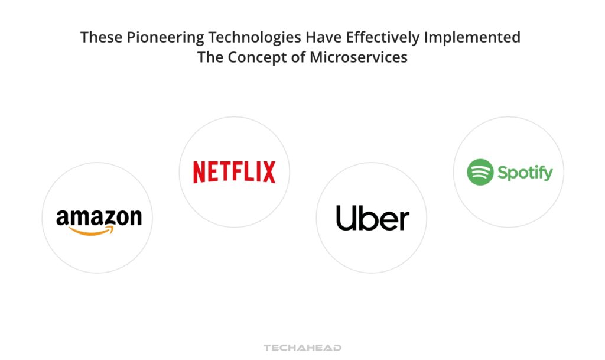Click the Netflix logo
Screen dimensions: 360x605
pyautogui.click(x=234, y=172)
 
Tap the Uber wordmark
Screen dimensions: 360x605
pyautogui.click(x=372, y=218)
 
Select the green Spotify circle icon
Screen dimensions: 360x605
pyautogui.click(x=480, y=172)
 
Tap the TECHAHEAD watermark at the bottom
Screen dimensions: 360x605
pyautogui.click(x=302, y=348)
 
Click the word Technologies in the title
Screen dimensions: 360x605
pyautogui.click(x=244, y=38)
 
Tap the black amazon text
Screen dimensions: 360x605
pyautogui.click(x=99, y=218)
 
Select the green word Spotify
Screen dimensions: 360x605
pyautogui.click(x=525, y=173)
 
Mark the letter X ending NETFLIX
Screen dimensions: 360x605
pyautogui.click(x=269, y=172)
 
